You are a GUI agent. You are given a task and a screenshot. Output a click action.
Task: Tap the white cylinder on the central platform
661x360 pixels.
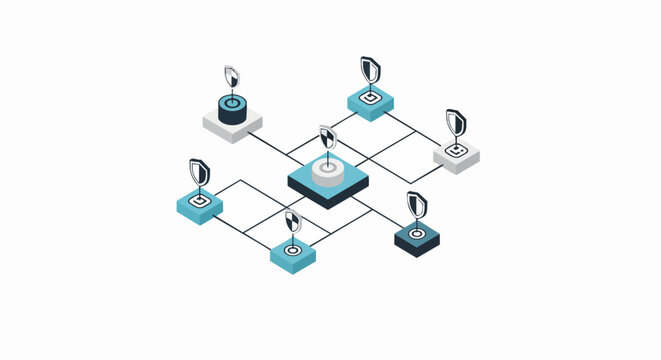pos(328,172)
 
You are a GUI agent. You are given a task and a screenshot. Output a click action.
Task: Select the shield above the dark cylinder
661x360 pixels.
pos(232,77)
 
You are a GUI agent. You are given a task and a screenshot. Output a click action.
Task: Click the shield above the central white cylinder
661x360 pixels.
pos(327,137)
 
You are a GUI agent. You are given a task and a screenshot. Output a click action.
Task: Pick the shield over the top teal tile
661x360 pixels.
pos(370,69)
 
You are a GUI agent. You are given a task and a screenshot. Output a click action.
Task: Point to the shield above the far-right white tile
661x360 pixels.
pos(456,122)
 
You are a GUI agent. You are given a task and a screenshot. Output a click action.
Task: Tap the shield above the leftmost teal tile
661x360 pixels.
pos(200,172)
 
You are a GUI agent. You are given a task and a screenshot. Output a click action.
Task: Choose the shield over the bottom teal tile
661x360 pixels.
pos(292,221)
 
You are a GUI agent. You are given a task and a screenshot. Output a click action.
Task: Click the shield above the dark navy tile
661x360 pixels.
pos(416,205)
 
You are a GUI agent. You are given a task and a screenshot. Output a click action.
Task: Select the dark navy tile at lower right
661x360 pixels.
pos(416,239)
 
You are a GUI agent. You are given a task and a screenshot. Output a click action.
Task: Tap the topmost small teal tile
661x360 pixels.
pos(370,102)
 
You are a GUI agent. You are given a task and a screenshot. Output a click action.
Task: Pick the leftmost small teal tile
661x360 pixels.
pos(200,205)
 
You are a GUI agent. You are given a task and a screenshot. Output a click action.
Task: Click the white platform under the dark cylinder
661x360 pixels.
pos(232,127)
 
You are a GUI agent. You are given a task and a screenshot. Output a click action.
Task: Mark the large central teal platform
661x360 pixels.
pos(328,188)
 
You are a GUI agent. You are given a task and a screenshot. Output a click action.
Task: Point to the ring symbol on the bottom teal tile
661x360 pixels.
pos(293,249)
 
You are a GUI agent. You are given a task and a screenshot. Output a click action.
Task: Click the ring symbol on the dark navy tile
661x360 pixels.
pos(416,234)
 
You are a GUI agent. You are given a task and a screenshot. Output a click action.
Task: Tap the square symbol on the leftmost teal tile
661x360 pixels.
pos(200,199)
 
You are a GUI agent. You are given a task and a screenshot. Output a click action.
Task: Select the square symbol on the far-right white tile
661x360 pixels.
pos(456,150)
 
